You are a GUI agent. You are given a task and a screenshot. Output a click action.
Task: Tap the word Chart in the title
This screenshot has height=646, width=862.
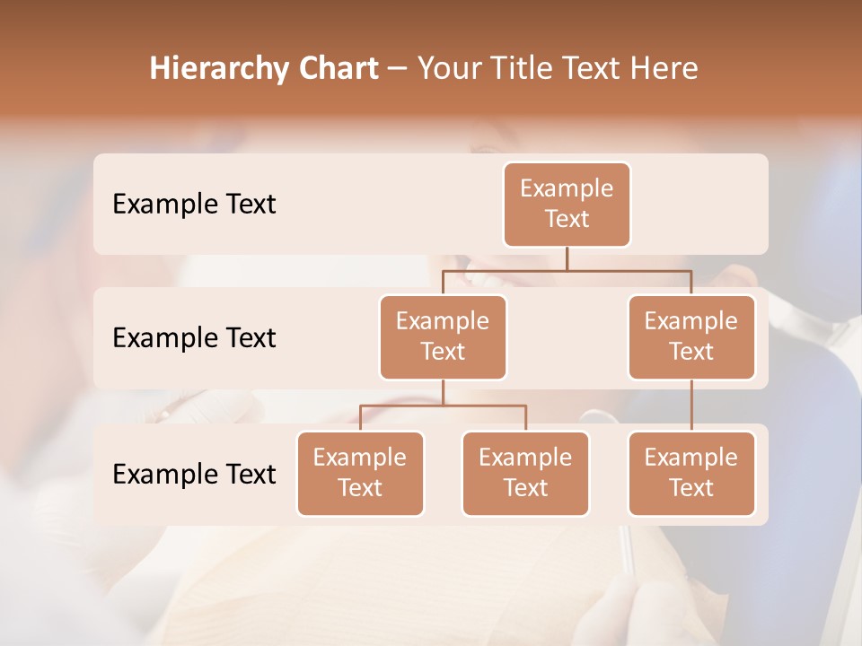pos(334,69)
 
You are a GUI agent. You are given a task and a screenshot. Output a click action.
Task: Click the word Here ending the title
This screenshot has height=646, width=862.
pos(664,69)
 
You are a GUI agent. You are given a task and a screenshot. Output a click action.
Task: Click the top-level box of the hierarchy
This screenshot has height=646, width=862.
pos(567,204)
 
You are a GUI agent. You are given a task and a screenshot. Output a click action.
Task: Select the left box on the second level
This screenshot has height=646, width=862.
pos(443,336)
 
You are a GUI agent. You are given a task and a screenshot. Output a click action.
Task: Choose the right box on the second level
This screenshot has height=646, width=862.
pos(691,336)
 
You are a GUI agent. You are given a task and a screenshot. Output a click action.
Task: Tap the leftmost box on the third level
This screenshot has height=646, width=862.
pos(360,473)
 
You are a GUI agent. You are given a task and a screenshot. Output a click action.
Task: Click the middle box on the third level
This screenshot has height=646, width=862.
pos(525,473)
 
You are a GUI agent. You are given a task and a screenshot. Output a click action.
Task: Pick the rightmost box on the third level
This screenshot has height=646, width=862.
pos(691,473)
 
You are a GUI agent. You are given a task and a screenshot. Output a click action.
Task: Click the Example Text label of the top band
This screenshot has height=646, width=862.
pos(194,205)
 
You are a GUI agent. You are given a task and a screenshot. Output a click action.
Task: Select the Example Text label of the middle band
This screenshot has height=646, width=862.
pos(194,338)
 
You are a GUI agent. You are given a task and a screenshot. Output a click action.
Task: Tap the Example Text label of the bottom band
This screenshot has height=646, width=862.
pos(194,474)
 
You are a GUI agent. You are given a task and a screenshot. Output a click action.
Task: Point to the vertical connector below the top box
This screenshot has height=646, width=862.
pos(567,258)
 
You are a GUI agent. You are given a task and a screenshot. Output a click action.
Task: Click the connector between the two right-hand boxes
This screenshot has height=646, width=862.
pos(691,406)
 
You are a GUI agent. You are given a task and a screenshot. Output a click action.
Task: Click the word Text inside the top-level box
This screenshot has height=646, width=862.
pos(567,219)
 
